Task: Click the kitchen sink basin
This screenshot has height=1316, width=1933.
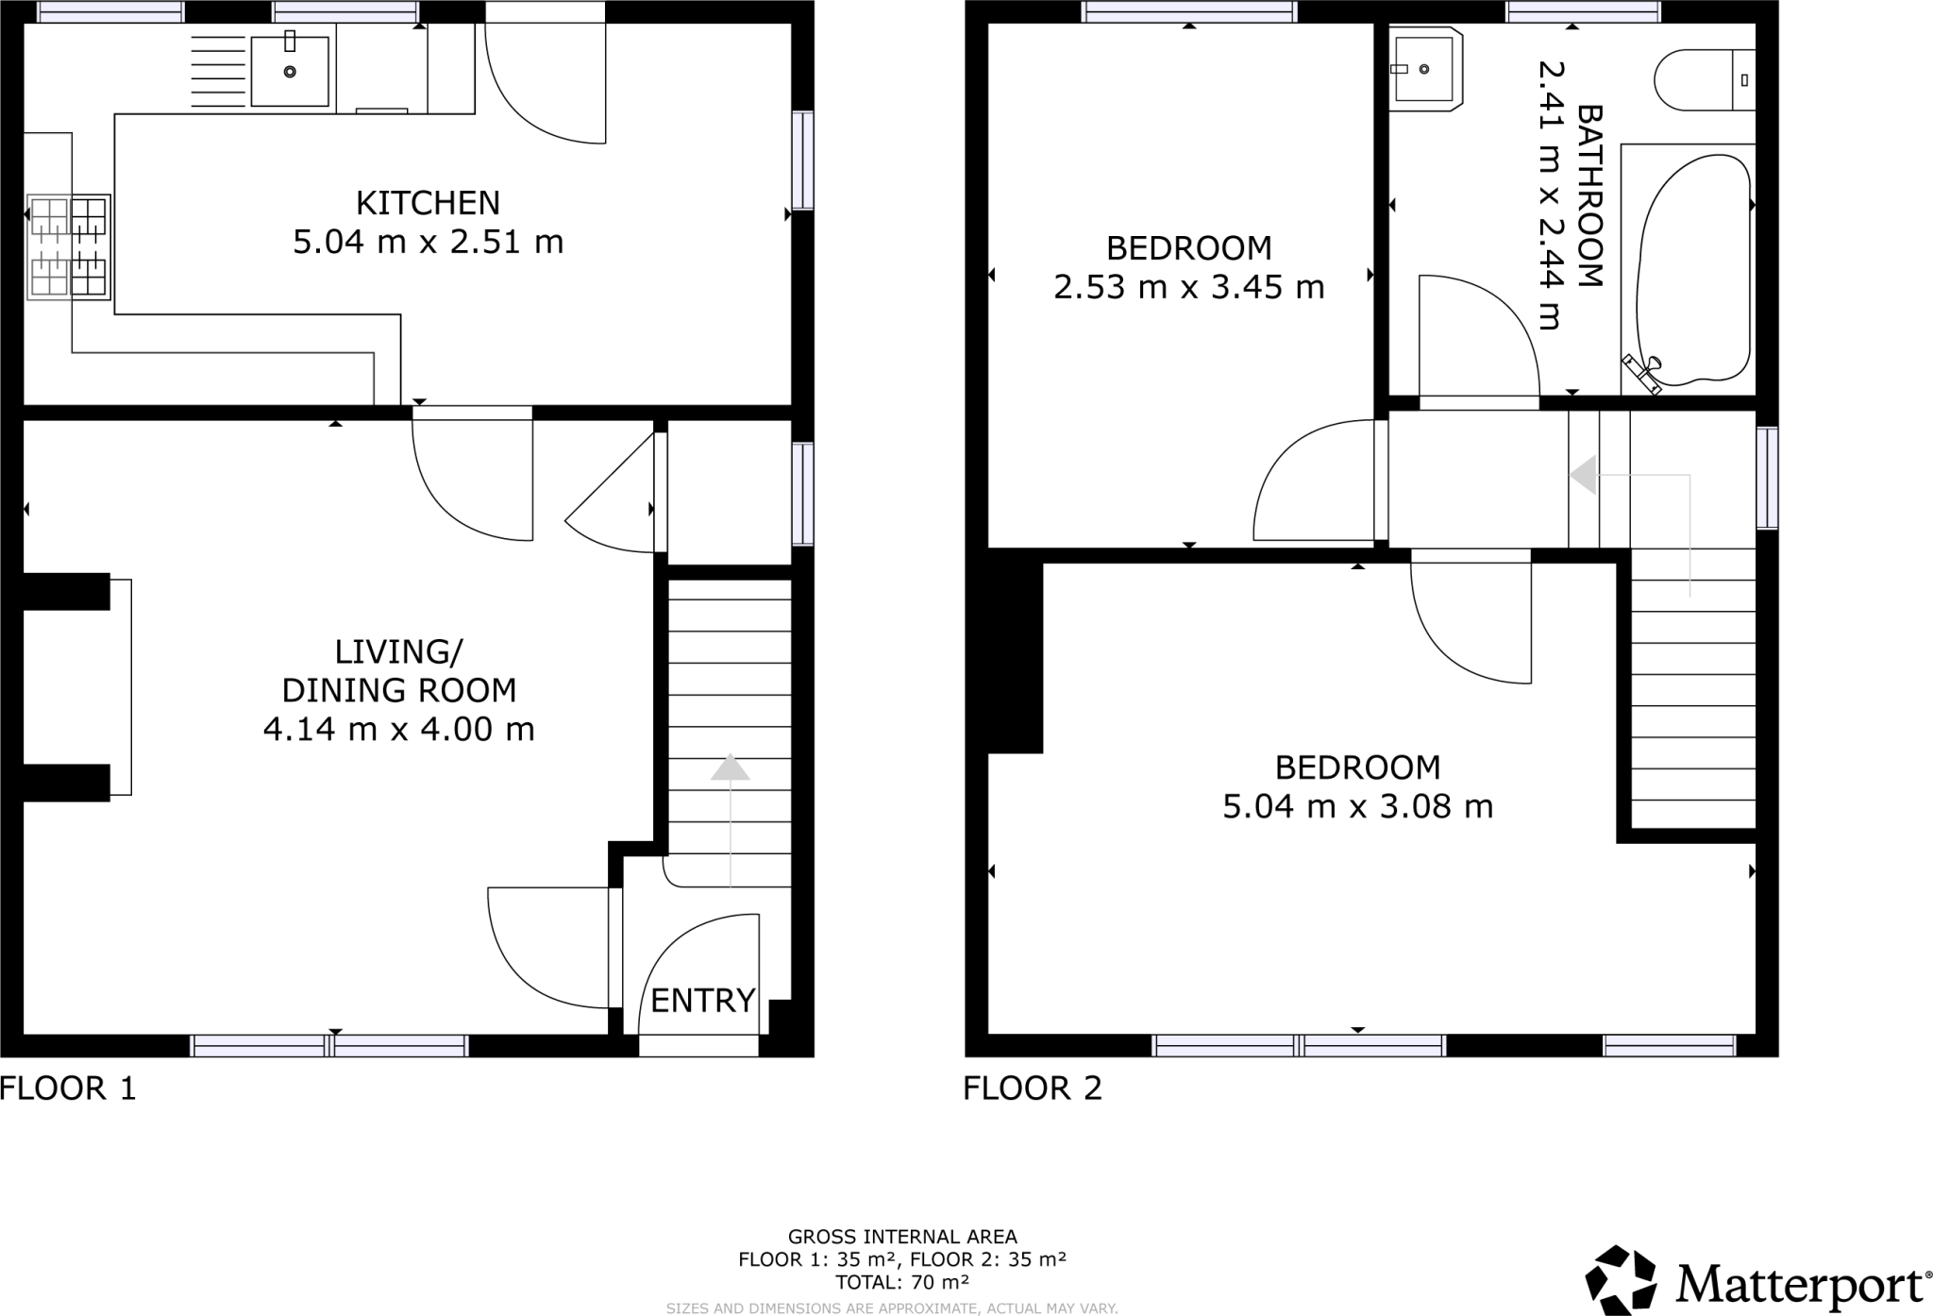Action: tap(290, 71)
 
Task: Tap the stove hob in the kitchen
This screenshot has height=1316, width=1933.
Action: tap(69, 247)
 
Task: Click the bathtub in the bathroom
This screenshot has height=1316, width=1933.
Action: tap(1696, 271)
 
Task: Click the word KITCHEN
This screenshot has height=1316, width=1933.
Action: tap(428, 203)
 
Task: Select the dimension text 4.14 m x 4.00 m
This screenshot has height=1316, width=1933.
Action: tap(398, 730)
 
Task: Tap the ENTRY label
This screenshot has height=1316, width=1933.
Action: tap(703, 1000)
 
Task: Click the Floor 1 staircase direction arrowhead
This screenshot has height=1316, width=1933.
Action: tap(730, 768)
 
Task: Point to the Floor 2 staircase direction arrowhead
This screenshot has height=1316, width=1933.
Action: tap(1584, 475)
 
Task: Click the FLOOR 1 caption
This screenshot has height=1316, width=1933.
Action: tap(68, 1088)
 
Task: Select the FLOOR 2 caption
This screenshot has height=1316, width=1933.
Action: tap(1033, 1088)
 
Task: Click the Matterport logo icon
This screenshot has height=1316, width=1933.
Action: tap(1621, 1279)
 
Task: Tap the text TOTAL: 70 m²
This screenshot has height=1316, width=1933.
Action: tap(902, 1282)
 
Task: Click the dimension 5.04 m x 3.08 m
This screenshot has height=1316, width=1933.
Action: tap(1357, 807)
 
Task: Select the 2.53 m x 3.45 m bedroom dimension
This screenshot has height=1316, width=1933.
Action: tap(1188, 287)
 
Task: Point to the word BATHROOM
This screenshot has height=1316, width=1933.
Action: tap(1589, 196)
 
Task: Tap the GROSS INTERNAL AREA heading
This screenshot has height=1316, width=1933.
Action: tap(902, 1237)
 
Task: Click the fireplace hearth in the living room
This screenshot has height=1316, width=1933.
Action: tap(121, 686)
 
